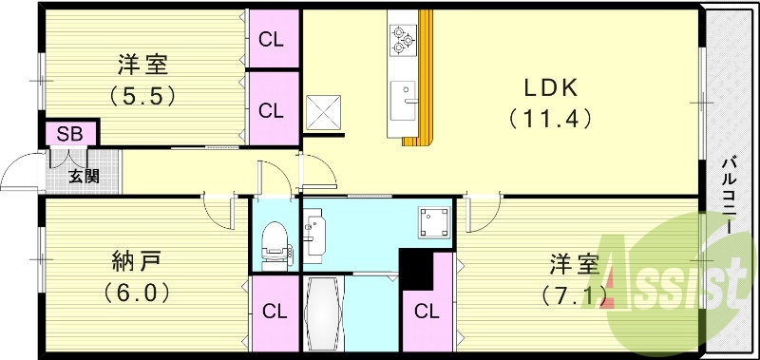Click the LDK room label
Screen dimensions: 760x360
pos(550,88)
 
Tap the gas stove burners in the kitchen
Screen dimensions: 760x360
pos(403,40)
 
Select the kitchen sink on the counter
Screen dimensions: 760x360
pos(404,101)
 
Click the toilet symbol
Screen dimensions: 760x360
pos(275,246)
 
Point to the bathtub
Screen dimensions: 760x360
pos(323,313)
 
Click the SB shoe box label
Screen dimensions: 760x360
pos(69,134)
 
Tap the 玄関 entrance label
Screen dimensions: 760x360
pos(84,177)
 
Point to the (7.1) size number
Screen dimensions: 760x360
pos(574,294)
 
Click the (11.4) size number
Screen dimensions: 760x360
pos(551,119)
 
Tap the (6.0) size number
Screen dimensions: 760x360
pos(137,294)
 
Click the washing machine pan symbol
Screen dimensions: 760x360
pos(435,222)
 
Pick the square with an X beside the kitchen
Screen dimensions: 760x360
pos(323,112)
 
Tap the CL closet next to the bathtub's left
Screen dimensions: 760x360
pos(275,313)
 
